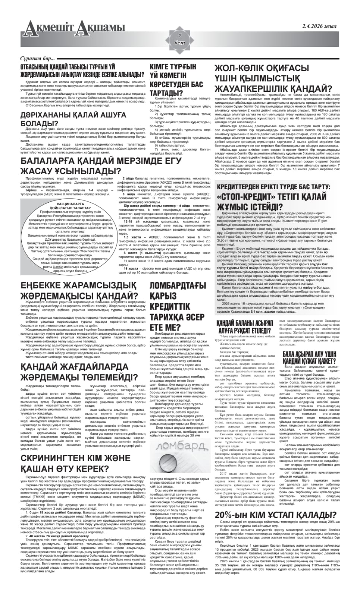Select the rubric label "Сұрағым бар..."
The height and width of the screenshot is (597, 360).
click(x=38, y=59)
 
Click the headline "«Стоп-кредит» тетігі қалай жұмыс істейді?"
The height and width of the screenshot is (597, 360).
click(x=274, y=201)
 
